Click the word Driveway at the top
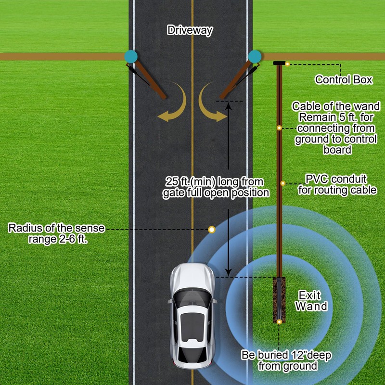pos(190,30)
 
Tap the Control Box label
pos(344,80)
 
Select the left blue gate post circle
pos(130,56)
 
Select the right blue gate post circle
pos(255,56)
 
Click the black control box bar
pos(279,63)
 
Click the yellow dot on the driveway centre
pos(211,229)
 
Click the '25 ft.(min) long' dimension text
pos(215,187)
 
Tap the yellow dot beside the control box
pos(287,64)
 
